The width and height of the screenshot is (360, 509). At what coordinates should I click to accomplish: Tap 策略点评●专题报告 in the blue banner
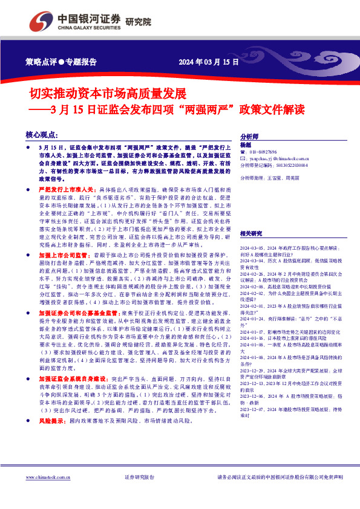(x=62, y=62)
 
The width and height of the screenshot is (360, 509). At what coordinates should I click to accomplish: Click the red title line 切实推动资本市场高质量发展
(x=108, y=93)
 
